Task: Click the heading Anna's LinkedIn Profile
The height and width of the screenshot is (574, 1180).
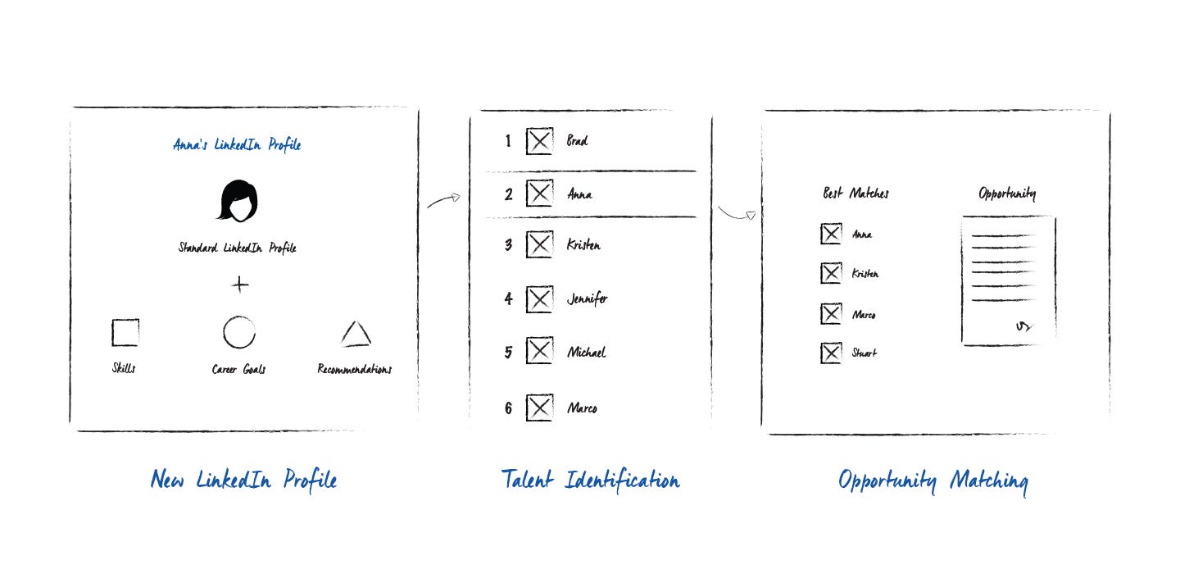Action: pos(237,145)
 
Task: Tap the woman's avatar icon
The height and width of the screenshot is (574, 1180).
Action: pos(238,201)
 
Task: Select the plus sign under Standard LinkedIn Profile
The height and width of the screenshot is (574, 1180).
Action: pos(239,285)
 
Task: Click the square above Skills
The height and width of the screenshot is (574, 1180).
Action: pos(125,332)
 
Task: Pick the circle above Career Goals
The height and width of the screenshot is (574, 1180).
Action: pos(238,332)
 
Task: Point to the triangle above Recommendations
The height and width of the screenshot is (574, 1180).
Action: pos(356,334)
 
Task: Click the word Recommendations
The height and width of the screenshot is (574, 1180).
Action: pos(354,369)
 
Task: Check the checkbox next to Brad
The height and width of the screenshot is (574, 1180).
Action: pos(539,142)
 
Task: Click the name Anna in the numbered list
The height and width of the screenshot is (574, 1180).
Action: pos(579,195)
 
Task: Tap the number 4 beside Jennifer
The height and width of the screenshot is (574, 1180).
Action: pos(508,299)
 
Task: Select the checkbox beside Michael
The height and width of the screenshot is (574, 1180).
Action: pos(539,352)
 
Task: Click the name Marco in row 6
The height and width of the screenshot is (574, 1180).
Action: pos(582,408)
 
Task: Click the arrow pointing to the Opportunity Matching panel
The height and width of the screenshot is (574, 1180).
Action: pos(736,214)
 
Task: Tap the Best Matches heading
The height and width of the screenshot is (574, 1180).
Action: pos(855,194)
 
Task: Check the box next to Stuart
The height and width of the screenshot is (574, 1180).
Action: pos(831,353)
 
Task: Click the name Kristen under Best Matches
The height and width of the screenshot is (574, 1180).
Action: pos(865,274)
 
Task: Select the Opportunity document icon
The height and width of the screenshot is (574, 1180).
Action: pos(1008,280)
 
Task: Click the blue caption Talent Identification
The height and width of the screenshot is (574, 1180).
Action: pos(590,481)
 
